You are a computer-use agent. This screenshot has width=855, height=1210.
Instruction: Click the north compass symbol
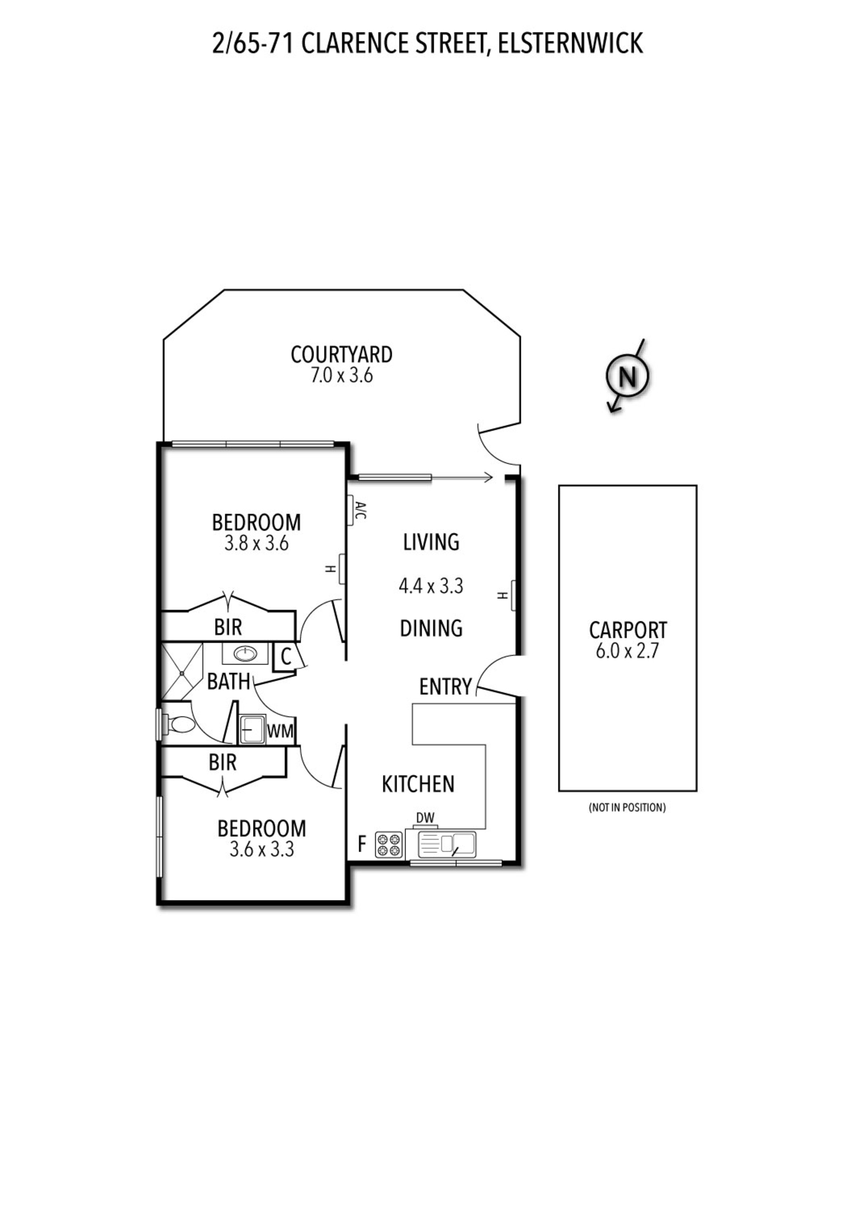point(627,376)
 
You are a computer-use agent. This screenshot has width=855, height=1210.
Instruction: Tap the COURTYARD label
point(341,355)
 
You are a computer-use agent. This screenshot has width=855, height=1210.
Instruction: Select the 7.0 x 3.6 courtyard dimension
point(341,376)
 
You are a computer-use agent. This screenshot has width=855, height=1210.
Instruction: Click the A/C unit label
point(361,510)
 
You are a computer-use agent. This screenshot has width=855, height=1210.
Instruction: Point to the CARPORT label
point(627,630)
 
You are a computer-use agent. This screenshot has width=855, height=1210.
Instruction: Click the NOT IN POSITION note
point(627,807)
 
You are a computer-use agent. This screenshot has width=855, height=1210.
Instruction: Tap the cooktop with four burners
point(389,845)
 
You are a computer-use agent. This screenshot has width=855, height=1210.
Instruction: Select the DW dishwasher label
point(425,818)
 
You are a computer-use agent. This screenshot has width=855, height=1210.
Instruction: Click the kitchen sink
point(447,845)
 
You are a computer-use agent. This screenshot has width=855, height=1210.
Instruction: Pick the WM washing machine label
point(280,731)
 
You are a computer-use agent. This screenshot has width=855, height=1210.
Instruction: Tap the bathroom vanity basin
point(245,654)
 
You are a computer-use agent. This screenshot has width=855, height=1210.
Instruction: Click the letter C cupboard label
point(286,656)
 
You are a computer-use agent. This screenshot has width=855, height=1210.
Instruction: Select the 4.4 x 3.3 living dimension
point(431,586)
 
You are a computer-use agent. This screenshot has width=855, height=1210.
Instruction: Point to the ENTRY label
point(445,687)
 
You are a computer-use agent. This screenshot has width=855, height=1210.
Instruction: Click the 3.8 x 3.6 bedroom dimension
point(257,543)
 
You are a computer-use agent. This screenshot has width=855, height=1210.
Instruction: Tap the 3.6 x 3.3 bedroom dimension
point(261,849)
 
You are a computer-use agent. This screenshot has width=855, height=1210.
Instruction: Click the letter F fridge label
point(362,843)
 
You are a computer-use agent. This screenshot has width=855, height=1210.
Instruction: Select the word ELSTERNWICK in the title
point(570,44)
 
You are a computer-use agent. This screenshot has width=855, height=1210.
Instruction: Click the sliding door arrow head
point(489,478)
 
